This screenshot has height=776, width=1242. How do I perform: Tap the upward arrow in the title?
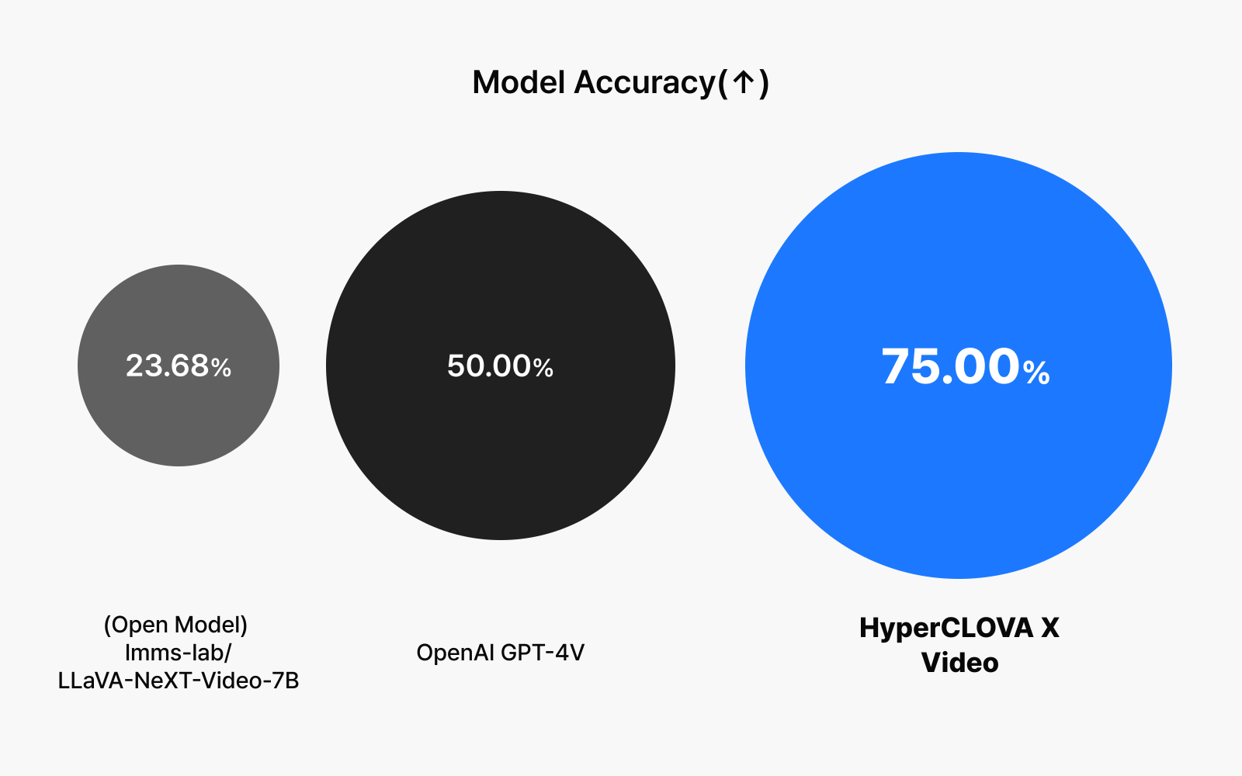pos(744,82)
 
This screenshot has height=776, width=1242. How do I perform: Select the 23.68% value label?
pos(179,365)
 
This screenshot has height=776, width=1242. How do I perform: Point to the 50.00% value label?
pos(500,365)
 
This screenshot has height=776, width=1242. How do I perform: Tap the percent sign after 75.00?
pos(1036,372)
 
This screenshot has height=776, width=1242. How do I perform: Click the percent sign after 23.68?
pos(221,368)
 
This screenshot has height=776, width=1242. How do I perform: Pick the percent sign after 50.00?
pos(543,368)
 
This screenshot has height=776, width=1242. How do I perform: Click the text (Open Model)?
pos(175,625)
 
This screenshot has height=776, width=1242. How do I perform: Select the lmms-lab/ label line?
pos(179,653)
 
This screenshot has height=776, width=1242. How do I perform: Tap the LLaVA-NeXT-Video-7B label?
pos(179,681)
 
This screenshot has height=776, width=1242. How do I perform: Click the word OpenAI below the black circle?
pos(455,653)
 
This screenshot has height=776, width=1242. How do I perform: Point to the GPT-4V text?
pos(543,653)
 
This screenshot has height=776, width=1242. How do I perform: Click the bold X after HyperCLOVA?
pos(1050,628)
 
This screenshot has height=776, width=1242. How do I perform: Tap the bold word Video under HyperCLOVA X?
pos(959,663)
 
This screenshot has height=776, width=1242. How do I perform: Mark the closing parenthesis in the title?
pos(764,84)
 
